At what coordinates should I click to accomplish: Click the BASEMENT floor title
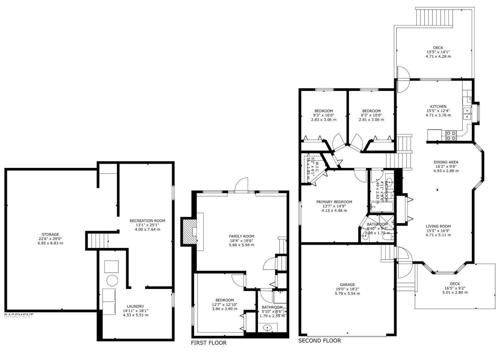click(x=19, y=316)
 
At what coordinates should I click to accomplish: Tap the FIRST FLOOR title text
click(x=209, y=343)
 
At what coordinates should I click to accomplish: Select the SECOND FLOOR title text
click(x=319, y=340)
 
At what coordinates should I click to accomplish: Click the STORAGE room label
click(x=50, y=234)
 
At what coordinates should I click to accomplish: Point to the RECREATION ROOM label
click(x=147, y=221)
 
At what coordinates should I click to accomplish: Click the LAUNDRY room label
click(x=135, y=306)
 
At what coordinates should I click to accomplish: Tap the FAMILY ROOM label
click(x=242, y=236)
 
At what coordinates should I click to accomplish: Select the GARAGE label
click(x=348, y=285)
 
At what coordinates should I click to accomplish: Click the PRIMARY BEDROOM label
click(x=334, y=202)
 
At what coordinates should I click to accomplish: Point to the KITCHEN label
click(x=438, y=107)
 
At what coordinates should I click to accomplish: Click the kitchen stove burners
click(x=451, y=135)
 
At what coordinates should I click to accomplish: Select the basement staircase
click(x=98, y=240)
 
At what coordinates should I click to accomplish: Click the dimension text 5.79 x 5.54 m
click(x=348, y=294)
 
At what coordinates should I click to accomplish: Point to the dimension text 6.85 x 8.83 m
click(x=50, y=243)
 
